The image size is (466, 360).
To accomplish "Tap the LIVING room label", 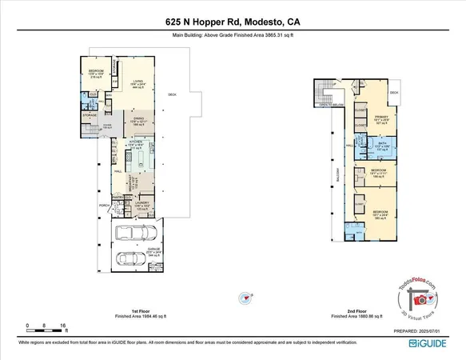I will pos(137,82).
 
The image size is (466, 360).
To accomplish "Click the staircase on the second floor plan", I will pos(323,88).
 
